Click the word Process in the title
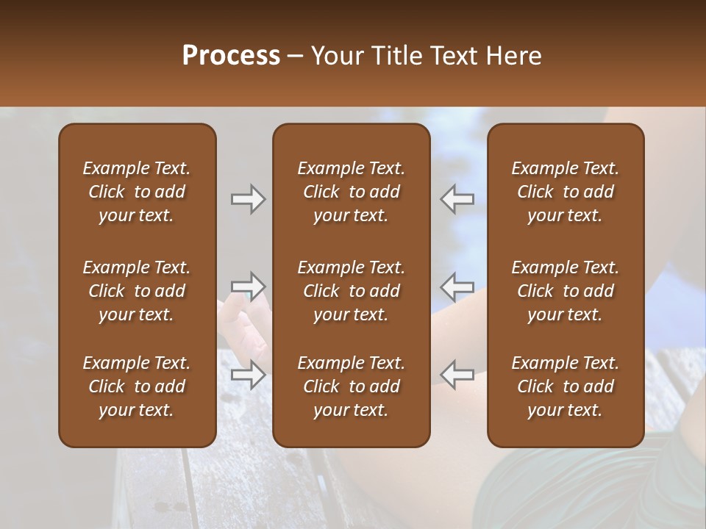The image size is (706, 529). click(x=231, y=56)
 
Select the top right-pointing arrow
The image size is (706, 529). click(x=248, y=199)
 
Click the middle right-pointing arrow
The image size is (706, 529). click(x=248, y=286)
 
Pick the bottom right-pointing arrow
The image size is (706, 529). click(x=248, y=375)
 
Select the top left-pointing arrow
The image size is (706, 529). click(x=457, y=199)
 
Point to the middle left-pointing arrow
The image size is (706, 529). click(x=457, y=286)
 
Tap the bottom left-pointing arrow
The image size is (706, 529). click(x=457, y=375)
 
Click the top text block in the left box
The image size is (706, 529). click(x=137, y=192)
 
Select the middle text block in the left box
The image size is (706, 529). click(x=137, y=291)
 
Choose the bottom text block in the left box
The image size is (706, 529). click(x=137, y=386)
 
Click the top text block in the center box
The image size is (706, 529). click(x=351, y=192)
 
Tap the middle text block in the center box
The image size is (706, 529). click(x=351, y=291)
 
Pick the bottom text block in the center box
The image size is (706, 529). click(x=351, y=386)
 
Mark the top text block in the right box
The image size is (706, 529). click(x=565, y=192)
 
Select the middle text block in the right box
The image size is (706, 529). click(x=565, y=291)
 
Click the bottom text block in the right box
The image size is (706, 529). click(x=565, y=386)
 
